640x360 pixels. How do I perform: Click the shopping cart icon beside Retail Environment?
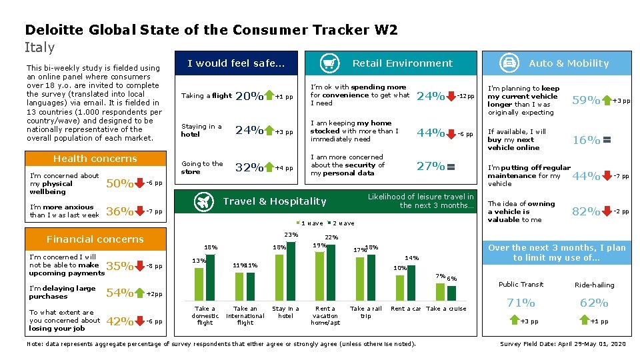pos(328,63)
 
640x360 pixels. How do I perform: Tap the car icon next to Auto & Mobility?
pos(510,63)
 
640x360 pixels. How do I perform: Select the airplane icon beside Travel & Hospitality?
pos(205,201)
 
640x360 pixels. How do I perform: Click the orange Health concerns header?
pos(95,159)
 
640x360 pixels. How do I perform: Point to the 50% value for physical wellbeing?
pos(119,183)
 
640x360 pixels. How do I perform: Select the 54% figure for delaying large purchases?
pos(119,293)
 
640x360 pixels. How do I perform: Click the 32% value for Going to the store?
pos(249,168)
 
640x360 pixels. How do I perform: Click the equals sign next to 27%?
pos(451,167)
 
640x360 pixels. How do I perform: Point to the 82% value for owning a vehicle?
pos(586,211)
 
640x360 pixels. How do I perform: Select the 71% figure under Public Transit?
pos(521,303)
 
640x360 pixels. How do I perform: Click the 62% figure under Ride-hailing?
pos(593,303)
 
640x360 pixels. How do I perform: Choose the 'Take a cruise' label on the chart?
pos(446,309)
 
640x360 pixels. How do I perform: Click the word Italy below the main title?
pos(40,47)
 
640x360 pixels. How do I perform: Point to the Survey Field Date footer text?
pos(563,344)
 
